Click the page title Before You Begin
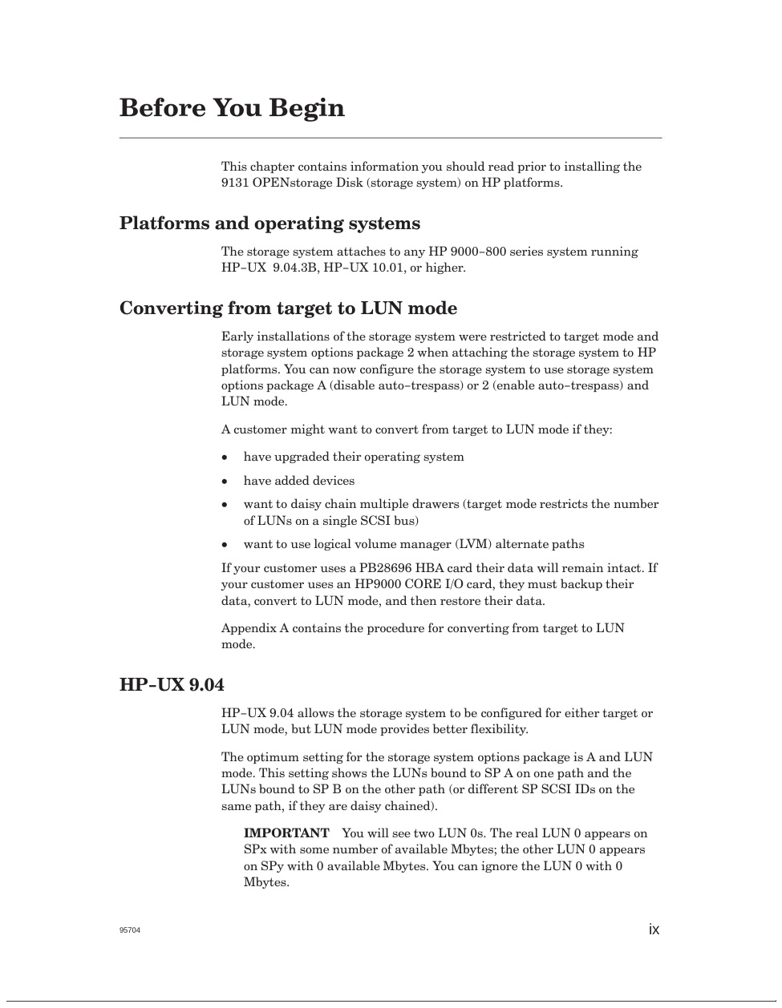tap(232, 108)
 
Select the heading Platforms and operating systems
tap(269, 224)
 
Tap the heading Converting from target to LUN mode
tap(288, 308)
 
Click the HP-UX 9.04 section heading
tap(172, 685)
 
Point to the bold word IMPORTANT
tap(286, 833)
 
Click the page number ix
tap(654, 929)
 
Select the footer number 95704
tap(130, 930)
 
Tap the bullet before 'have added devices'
tap(225, 482)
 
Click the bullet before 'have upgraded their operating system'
tap(225, 458)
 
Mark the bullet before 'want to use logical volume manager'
tap(225, 545)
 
